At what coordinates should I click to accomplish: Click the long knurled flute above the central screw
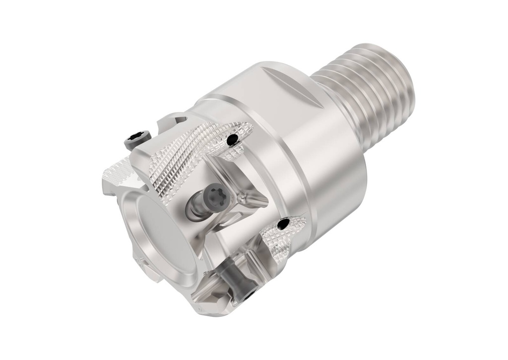tap(184, 159)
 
